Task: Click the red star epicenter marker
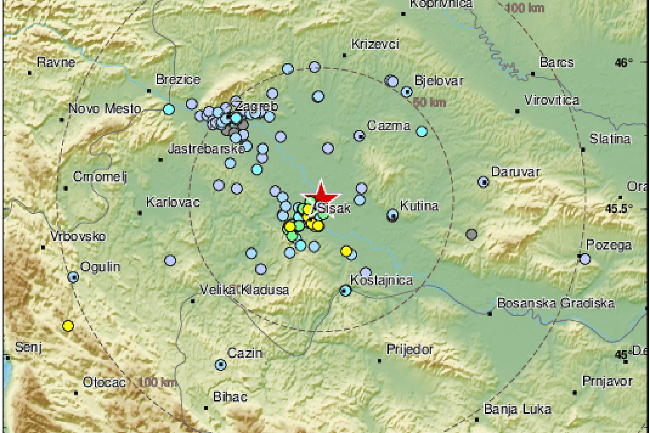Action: (x=320, y=195)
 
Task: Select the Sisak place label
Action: (x=334, y=208)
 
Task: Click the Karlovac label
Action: (x=173, y=202)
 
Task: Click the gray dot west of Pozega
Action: (x=472, y=234)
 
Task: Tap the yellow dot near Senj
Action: (x=68, y=326)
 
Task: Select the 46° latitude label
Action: (x=624, y=63)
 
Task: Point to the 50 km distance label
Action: (x=429, y=104)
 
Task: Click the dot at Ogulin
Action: (x=74, y=277)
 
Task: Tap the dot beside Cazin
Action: (x=220, y=364)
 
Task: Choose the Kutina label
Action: (x=419, y=206)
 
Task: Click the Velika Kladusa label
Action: (x=244, y=290)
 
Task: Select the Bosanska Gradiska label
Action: (x=556, y=303)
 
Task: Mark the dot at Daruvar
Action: (x=484, y=181)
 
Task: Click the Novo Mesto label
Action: (x=105, y=109)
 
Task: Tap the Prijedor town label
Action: (x=410, y=349)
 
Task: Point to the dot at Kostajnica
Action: (x=346, y=291)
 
